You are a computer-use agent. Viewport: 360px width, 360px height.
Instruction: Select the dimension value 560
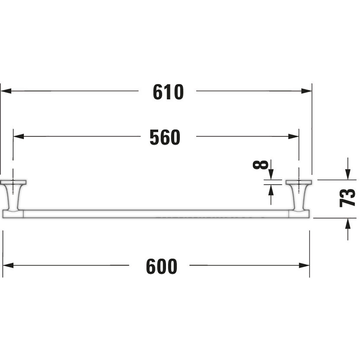coord(165,137)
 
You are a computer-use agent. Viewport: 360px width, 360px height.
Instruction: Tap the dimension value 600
coord(162,266)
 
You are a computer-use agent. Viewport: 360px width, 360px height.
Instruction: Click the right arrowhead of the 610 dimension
coord(307,91)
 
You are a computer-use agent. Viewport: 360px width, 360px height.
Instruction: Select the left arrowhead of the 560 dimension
coord(19,136)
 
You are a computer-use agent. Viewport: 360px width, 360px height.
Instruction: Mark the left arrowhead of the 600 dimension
coord(8,265)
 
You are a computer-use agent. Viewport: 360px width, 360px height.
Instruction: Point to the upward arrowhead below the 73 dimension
coord(348,223)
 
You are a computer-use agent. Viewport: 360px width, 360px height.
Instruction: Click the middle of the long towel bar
coord(156,214)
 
